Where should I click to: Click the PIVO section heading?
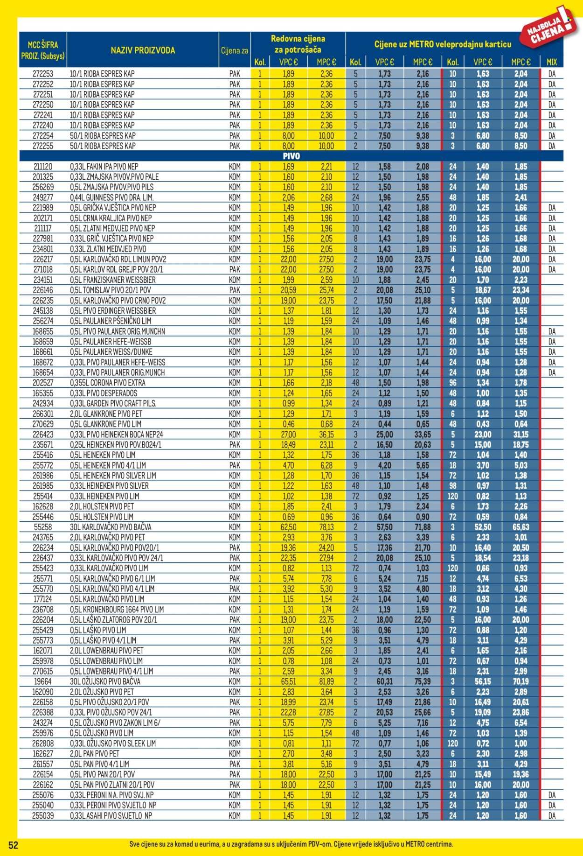pos(291,156)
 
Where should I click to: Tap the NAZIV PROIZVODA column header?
pos(143,50)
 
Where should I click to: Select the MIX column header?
pos(552,62)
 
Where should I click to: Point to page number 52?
pos(13,845)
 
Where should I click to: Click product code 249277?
pos(43,197)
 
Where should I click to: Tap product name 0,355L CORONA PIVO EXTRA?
pos(107,383)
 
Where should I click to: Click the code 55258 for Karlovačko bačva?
pos(43,527)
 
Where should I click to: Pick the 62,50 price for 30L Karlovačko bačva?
pos(288,527)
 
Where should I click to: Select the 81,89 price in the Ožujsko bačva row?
pos(326,681)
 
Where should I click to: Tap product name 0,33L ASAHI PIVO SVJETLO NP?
pos(111,816)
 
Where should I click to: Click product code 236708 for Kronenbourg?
pos(43,610)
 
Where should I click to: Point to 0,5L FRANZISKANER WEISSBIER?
pos(112,280)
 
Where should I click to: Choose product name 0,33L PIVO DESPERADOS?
pos(103,393)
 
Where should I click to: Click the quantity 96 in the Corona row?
pos(452,383)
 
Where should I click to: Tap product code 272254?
pos(43,136)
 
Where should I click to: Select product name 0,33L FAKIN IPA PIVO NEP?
pos(104,167)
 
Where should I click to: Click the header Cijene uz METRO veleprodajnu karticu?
pos(443,44)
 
